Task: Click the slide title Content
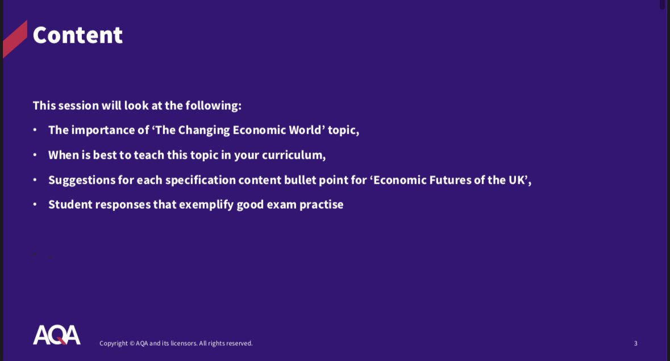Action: (77, 35)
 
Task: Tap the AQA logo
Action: (56, 335)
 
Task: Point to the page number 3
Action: (635, 343)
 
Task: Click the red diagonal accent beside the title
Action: (15, 39)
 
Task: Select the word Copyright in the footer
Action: (113, 343)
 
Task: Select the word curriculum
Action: (293, 155)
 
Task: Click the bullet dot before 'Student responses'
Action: (35, 205)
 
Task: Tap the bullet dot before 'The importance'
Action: (35, 130)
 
